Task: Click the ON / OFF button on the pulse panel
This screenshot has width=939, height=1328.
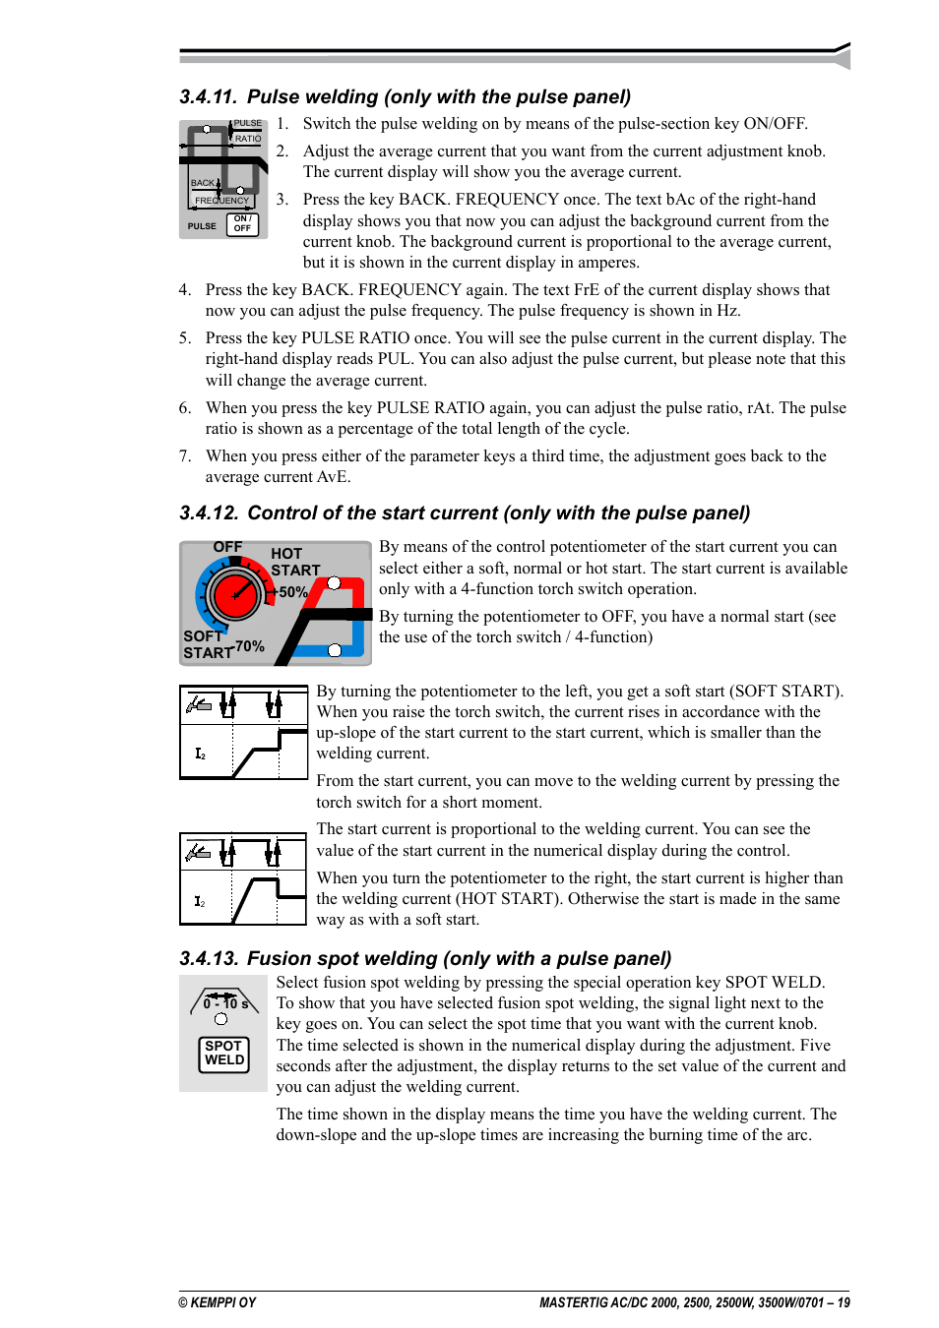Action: coord(242,224)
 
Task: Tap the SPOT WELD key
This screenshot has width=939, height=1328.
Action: coord(224,1054)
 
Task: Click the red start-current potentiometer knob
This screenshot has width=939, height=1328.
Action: coord(235,594)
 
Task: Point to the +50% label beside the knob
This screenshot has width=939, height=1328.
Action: coord(292,592)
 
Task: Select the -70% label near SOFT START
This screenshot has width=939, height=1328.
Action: coord(249,646)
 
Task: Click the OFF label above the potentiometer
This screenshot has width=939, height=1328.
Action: coord(227,547)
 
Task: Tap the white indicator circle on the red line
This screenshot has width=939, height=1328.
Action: coord(334,583)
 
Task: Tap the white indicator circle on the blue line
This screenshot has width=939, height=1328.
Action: coord(335,650)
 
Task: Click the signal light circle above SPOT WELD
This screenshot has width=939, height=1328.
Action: coord(220,1019)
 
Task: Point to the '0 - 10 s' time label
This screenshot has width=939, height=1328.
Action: coord(225,1004)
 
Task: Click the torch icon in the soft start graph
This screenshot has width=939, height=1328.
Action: coord(199,704)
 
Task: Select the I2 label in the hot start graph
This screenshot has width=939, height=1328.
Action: coord(200,901)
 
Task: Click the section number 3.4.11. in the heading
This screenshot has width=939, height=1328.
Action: coord(208,97)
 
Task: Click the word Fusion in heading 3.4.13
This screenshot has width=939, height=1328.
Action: coord(276,959)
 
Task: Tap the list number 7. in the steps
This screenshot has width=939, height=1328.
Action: coord(185,456)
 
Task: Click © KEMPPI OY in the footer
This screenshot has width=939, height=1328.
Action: coord(218,1302)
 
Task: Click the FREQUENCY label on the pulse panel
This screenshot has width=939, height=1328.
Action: coord(221,201)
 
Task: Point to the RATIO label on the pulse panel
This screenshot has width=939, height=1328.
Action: coord(248,139)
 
